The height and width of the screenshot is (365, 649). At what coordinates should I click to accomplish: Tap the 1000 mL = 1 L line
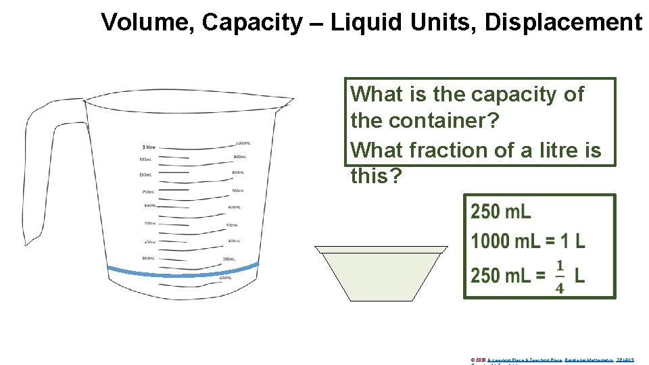point(528,241)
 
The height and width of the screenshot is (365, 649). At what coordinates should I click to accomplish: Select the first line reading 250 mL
point(501,212)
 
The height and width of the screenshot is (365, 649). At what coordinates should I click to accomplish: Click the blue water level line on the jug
point(183,273)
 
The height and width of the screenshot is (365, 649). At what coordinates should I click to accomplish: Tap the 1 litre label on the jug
point(149,147)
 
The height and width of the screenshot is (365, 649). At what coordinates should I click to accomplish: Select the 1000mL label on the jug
point(243,143)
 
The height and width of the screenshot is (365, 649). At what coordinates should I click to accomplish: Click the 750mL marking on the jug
point(149,191)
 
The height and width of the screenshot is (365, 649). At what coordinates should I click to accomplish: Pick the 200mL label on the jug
point(225,278)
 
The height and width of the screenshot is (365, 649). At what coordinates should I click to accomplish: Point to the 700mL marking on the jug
point(237,191)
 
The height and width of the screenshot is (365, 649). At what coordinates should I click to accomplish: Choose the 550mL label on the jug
point(149,223)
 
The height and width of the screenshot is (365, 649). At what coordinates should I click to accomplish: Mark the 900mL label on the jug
point(239,157)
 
